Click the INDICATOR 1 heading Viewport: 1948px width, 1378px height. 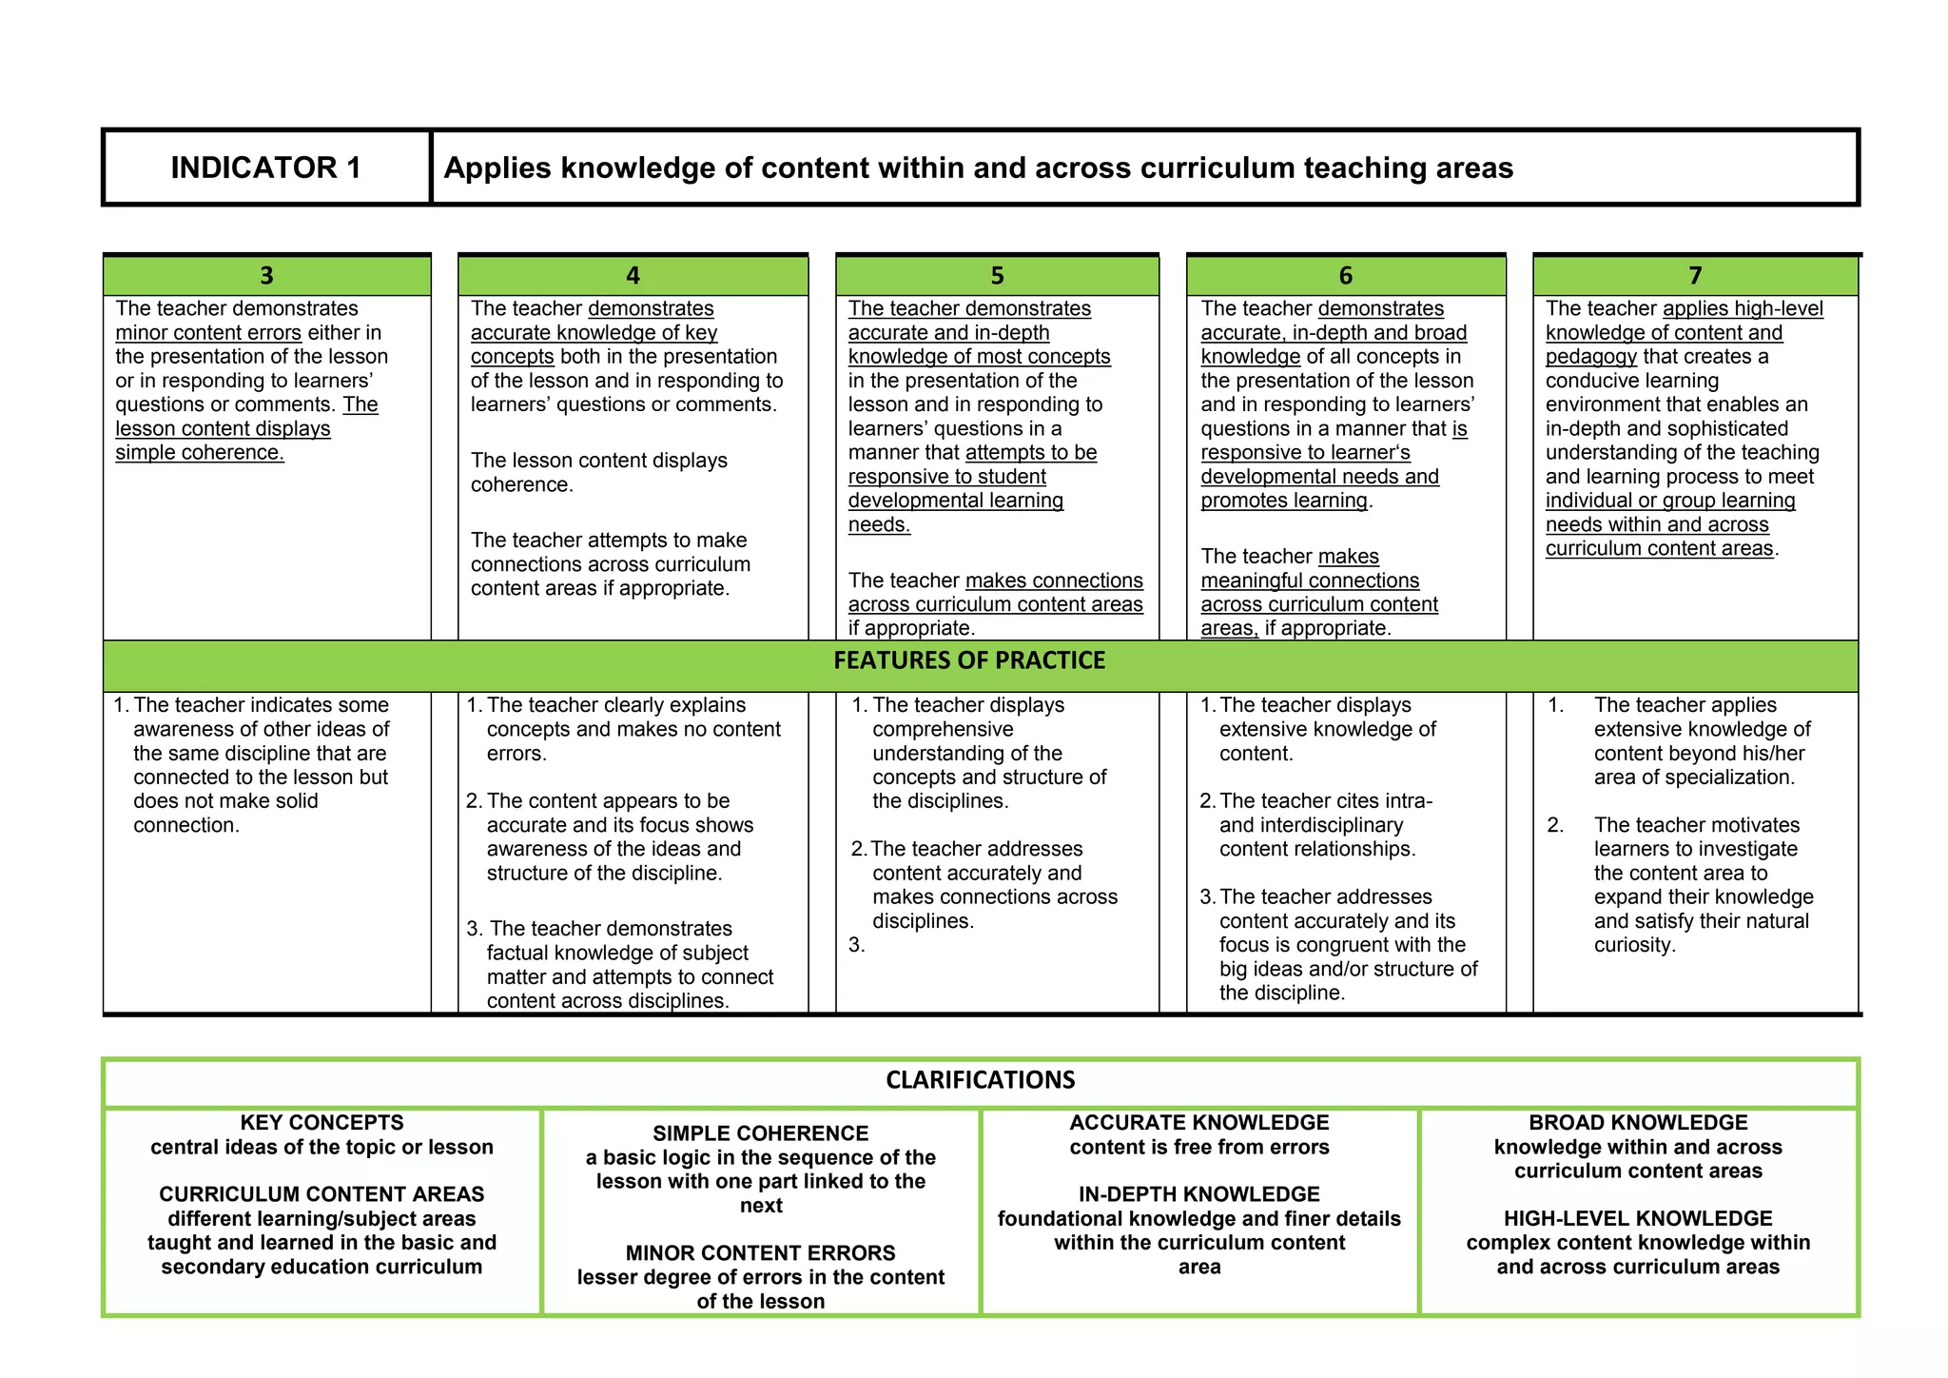pyautogui.click(x=265, y=167)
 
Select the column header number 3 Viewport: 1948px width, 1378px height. pyautogui.click(x=266, y=276)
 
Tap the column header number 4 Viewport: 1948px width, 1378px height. pyautogui.click(x=633, y=276)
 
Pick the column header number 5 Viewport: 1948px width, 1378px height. pyautogui.click(x=997, y=276)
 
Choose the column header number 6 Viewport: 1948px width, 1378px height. pyautogui.click(x=1345, y=276)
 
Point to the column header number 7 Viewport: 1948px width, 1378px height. pyautogui.click(x=1695, y=276)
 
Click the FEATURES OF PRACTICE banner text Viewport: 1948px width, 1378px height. pyautogui.click(x=969, y=660)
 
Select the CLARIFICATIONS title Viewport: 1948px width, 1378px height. pyautogui.click(x=980, y=1080)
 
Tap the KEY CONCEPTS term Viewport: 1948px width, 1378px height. pyautogui.click(x=321, y=1123)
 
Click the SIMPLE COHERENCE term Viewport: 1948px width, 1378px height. pyautogui.click(x=760, y=1133)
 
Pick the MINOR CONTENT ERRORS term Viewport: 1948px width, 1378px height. pyautogui.click(x=760, y=1253)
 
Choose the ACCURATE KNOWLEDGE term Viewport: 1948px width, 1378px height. pyautogui.click(x=1198, y=1123)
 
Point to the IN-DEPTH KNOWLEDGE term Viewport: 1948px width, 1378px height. pyautogui.click(x=1198, y=1194)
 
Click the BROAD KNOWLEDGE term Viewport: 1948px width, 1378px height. pyautogui.click(x=1638, y=1123)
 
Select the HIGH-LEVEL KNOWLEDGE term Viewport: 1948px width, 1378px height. pyautogui.click(x=1638, y=1218)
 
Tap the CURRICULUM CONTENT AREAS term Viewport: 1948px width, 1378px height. pyautogui.click(x=321, y=1194)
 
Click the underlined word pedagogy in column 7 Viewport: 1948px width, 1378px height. pyautogui.click(x=1590, y=357)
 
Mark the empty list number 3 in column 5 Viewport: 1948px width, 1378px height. pyautogui.click(x=856, y=945)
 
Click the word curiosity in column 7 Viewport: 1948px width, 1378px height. pyautogui.click(x=1633, y=945)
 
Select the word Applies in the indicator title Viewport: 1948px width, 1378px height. pyautogui.click(x=497, y=168)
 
